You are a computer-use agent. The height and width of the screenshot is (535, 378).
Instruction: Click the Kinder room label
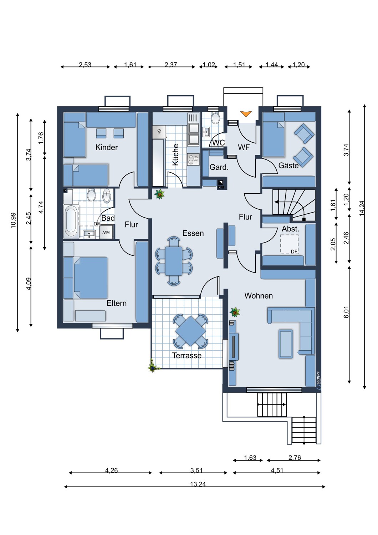point(107,147)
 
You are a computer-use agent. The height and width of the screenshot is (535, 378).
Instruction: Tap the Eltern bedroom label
point(117,303)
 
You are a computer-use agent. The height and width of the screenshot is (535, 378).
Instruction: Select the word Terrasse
point(187,355)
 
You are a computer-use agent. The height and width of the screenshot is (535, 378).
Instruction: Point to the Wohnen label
point(259,296)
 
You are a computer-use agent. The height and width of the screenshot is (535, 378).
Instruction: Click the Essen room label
point(193,233)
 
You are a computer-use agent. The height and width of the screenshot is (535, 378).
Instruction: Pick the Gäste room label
point(288,165)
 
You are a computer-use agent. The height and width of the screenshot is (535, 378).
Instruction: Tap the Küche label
point(175,154)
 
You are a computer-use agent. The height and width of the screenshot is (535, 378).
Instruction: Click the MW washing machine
point(106,232)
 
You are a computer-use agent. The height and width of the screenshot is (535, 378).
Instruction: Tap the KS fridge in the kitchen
point(159,132)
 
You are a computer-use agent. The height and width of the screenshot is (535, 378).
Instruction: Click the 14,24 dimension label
point(362,208)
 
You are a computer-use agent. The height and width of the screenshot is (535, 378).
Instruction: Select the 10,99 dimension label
point(13,220)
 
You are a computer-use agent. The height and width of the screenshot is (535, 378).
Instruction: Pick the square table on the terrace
point(190,331)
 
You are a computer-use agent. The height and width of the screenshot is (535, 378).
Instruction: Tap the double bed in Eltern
point(91,278)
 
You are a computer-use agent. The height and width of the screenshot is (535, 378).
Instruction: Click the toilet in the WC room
point(215,118)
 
